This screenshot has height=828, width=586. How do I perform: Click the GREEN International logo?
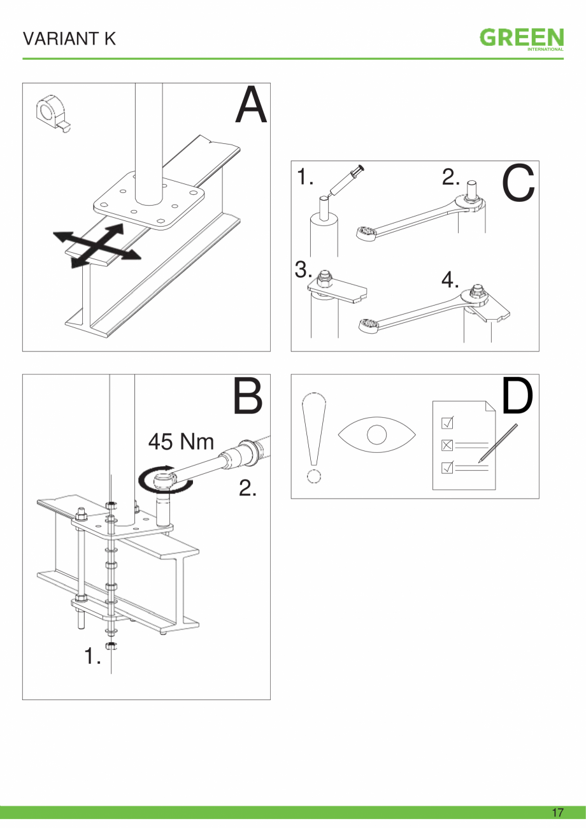tap(522, 39)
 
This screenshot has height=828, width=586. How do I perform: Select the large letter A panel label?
tap(251, 106)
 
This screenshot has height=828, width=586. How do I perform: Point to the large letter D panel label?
tap(517, 396)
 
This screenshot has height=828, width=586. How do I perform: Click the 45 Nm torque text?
tap(182, 441)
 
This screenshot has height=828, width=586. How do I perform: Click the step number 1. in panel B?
tap(93, 657)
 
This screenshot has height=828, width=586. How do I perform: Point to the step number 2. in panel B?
tap(248, 489)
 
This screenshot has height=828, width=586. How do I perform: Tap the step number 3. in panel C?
tap(304, 271)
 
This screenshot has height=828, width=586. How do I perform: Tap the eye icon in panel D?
tap(376, 435)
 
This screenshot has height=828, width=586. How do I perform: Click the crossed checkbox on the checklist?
tap(447, 445)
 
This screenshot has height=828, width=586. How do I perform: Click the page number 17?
tap(557, 812)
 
